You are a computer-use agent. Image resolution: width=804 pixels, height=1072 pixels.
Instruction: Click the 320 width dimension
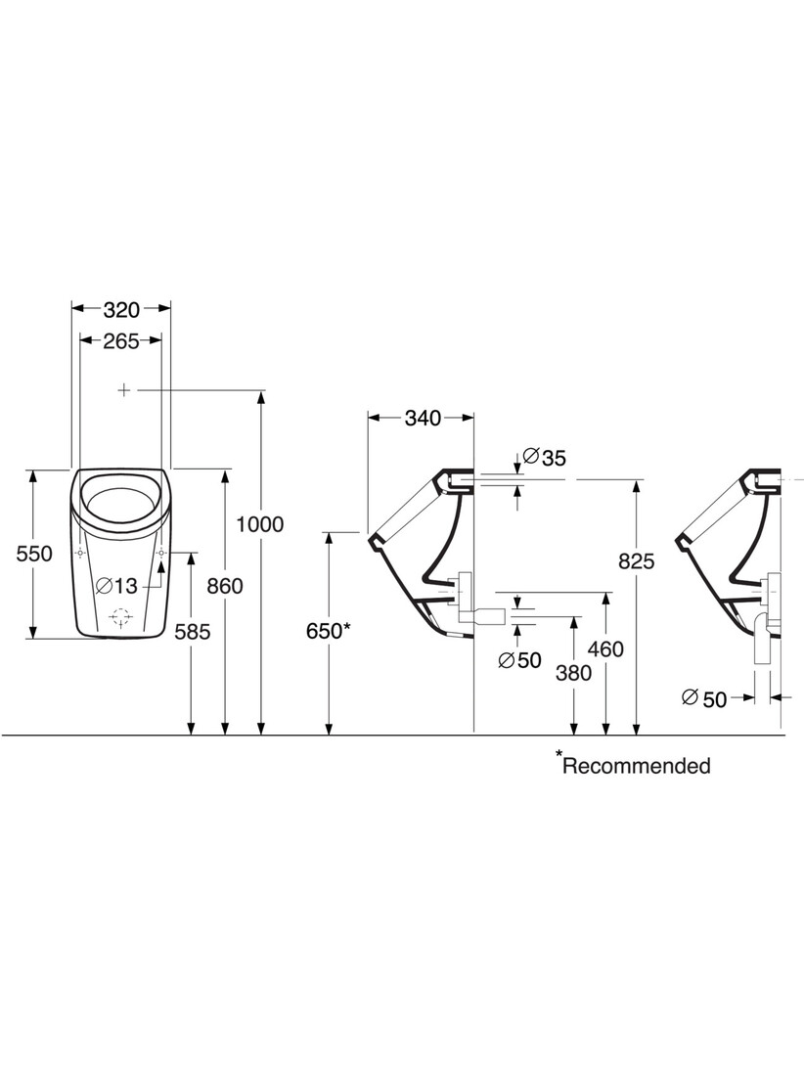[121, 310]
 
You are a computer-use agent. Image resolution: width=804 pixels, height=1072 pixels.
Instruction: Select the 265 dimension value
[121, 340]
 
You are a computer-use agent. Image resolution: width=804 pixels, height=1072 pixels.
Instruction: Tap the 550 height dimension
[34, 553]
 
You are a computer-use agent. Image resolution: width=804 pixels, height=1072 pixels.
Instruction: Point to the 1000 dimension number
[260, 524]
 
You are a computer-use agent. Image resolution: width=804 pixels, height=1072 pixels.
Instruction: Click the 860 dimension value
[225, 586]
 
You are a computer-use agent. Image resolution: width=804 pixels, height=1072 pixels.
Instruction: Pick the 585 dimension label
[192, 632]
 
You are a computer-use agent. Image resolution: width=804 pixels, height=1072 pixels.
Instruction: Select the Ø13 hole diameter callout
[117, 585]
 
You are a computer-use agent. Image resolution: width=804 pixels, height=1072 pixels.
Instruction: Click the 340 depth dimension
[423, 418]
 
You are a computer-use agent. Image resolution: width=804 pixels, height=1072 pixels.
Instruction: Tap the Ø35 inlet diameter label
[544, 457]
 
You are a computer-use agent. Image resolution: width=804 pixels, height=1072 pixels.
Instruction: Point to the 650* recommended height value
[329, 631]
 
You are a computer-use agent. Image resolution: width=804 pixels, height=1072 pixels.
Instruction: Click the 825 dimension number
[637, 561]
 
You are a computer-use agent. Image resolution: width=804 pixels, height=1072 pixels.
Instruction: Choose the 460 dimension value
[605, 648]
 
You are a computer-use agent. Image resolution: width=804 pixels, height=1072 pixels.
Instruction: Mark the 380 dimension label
[573, 673]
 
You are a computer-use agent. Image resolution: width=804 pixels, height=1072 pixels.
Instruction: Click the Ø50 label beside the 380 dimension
[519, 660]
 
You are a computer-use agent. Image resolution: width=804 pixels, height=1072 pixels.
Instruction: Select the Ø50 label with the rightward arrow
[704, 698]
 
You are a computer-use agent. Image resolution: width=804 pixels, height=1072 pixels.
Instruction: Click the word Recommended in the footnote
[637, 766]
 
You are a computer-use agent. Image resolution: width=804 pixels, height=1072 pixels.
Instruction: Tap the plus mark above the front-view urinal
[124, 390]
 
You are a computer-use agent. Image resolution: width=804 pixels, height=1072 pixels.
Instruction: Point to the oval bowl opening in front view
[120, 503]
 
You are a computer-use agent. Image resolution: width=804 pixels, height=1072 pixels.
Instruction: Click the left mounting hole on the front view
[80, 553]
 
